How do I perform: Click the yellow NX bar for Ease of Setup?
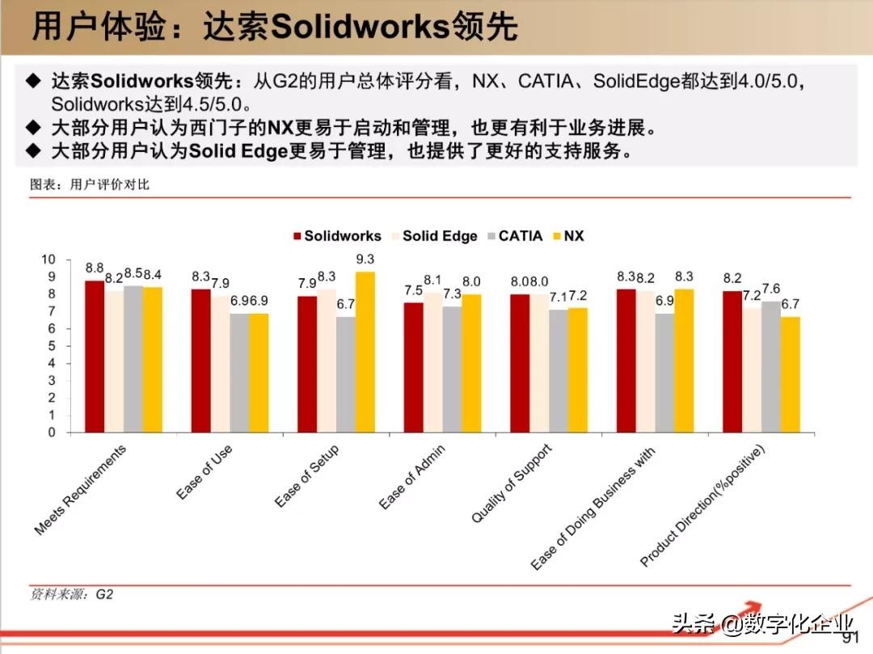click(x=365, y=352)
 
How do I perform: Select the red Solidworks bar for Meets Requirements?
click(x=95, y=357)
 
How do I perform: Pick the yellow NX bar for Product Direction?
click(x=790, y=374)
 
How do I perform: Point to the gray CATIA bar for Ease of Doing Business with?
click(x=664, y=373)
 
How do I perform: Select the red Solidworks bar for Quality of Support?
click(x=520, y=363)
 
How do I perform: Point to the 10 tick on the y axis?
click(x=48, y=259)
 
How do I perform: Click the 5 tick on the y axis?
click(x=52, y=346)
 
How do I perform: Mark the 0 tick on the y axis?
click(x=52, y=432)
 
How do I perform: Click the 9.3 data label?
click(x=365, y=259)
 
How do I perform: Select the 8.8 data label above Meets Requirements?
click(x=95, y=268)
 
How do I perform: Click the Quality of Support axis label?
click(x=511, y=483)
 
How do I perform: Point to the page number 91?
click(x=850, y=639)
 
